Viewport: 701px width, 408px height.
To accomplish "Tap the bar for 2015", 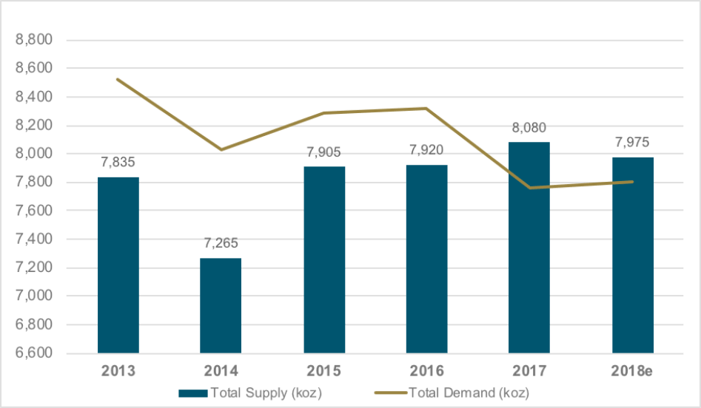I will (324, 259).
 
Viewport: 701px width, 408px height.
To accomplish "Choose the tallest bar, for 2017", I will (529, 247).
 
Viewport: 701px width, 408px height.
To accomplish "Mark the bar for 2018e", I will (632, 255).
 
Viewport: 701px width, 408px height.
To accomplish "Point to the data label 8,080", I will (529, 128).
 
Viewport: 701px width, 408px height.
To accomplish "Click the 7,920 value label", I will (426, 151).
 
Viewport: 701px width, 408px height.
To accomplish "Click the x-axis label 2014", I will (221, 370).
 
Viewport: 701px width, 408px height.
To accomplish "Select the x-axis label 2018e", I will (632, 370).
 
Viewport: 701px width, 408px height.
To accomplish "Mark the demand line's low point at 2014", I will (221, 150).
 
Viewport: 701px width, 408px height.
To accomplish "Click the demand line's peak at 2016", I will (426, 109).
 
